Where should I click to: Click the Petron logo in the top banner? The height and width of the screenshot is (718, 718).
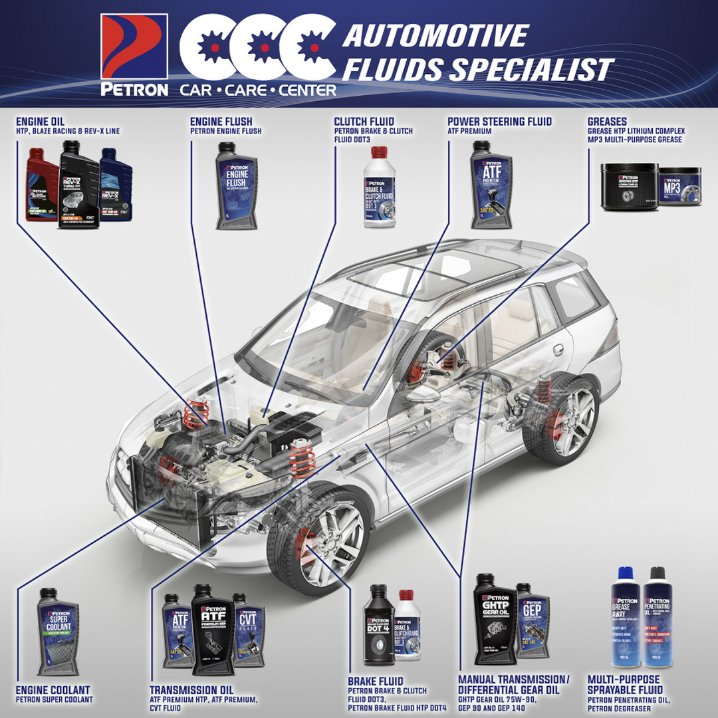point(134,55)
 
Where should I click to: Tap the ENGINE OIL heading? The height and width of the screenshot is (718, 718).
point(41,122)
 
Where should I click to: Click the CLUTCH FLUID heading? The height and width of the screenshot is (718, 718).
point(364,122)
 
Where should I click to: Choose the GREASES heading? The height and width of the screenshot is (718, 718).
point(607,122)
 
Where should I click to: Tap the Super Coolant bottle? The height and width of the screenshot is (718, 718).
point(59,629)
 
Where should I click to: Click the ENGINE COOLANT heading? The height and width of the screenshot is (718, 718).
point(53,690)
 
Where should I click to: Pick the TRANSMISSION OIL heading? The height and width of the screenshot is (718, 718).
point(191,690)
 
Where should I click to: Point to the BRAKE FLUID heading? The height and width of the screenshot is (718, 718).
point(376,681)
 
